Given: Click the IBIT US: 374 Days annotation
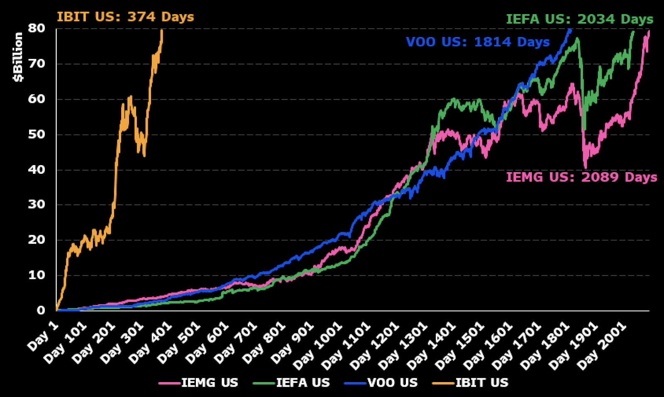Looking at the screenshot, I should coord(125,17).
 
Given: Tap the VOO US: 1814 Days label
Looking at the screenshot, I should coord(478,42).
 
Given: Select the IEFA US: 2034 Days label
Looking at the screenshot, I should coord(579,19).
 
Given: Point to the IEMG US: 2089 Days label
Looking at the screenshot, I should coord(581,177).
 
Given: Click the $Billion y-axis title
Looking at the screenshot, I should coord(18,57).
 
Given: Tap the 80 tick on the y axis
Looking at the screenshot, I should coord(37,28).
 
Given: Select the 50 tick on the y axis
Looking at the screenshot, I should coord(37,134).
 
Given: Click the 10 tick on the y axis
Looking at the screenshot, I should coord(37,275).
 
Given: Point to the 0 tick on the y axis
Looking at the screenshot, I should coord(41,310).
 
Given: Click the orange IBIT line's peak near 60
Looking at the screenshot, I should coord(131,97).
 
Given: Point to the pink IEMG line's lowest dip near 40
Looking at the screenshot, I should coord(586,168).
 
